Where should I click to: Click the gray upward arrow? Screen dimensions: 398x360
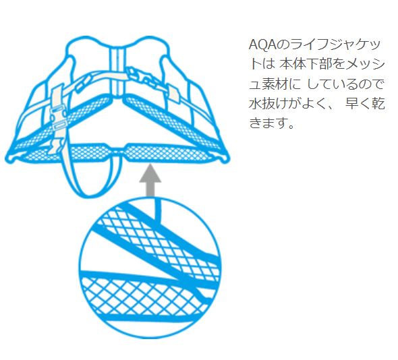(x=150, y=180)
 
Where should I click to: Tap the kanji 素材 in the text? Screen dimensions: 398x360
(x=275, y=84)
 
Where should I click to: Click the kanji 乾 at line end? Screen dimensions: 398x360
(x=378, y=104)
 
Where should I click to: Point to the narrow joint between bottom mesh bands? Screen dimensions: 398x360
(x=117, y=151)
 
